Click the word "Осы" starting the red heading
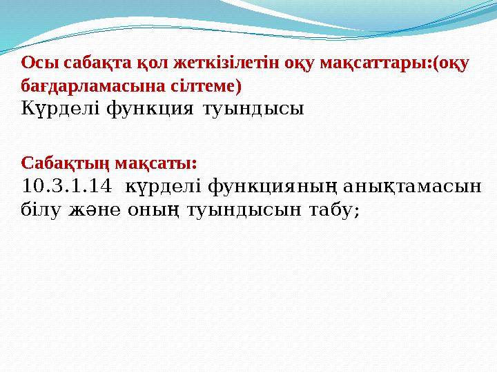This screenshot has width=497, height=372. click(35, 64)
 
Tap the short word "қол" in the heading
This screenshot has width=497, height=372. click(131, 64)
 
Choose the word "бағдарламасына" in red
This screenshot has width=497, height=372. click(84, 87)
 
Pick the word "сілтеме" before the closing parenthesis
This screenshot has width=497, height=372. click(204, 87)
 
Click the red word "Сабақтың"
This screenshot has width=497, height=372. click(65, 163)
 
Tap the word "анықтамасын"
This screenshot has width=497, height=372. click(415, 186)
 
